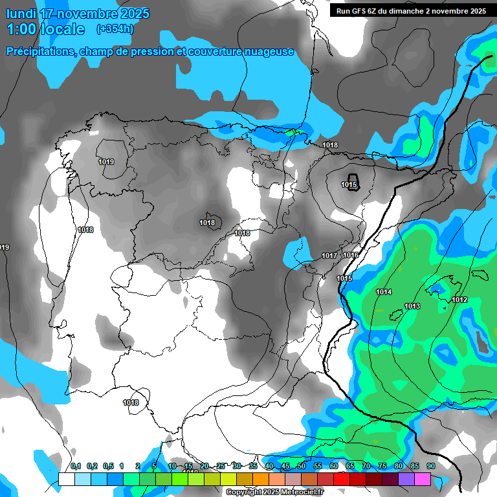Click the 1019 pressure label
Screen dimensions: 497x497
pyautogui.click(x=106, y=162)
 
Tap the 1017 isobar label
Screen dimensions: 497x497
pyautogui.click(x=329, y=256)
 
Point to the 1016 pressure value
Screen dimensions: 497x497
pyautogui.click(x=351, y=256)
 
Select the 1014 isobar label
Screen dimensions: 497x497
pyautogui.click(x=384, y=292)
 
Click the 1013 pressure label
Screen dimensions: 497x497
pyautogui.click(x=412, y=306)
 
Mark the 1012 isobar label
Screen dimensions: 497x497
pyautogui.click(x=460, y=300)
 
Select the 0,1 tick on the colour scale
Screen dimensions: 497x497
pyautogui.click(x=76, y=466)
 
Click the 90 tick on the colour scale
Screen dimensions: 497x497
pyautogui.click(x=430, y=466)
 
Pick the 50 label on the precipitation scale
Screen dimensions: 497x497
pyautogui.click(x=301, y=466)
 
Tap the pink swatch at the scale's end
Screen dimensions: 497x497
pyautogui.click(x=423, y=478)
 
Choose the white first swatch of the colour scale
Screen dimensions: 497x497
pyautogui.click(x=66, y=478)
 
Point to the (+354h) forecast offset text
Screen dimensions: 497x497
pyautogui.click(x=115, y=28)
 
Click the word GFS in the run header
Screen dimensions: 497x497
pyautogui.click(x=362, y=11)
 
